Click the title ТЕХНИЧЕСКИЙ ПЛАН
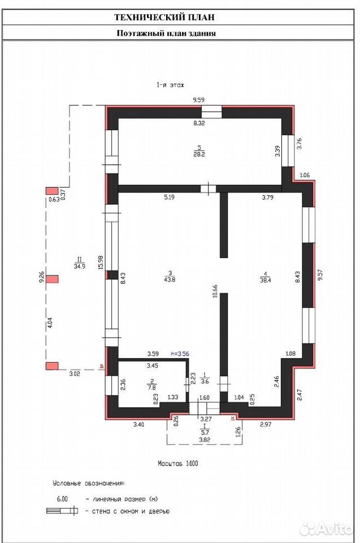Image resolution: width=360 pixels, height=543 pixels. [164, 18]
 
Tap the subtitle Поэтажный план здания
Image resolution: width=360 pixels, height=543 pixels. [166, 33]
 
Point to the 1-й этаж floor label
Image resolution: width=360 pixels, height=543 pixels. [170, 85]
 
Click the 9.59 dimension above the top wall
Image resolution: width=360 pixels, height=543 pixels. [199, 100]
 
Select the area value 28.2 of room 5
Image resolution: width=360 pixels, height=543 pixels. [199, 154]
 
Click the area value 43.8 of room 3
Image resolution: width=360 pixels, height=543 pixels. [170, 279]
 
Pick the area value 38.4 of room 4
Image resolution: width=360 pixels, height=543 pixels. [265, 281]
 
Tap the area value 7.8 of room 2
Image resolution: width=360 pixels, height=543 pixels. [151, 387]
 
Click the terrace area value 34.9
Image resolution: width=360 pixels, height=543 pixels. [80, 266]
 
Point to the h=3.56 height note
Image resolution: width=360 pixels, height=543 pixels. [180, 354]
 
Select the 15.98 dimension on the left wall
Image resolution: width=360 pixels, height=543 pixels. [101, 262]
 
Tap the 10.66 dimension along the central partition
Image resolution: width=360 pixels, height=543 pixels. [215, 291]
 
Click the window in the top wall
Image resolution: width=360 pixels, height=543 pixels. [211, 112]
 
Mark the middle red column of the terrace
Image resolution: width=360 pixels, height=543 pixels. [53, 279]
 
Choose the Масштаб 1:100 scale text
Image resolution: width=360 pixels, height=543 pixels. [178, 463]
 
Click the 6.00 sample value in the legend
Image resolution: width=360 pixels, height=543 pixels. [62, 499]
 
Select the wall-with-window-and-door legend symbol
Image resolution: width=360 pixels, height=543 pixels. [62, 511]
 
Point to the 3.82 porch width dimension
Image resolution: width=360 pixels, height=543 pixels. [205, 440]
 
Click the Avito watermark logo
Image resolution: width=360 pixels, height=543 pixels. [326, 529]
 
